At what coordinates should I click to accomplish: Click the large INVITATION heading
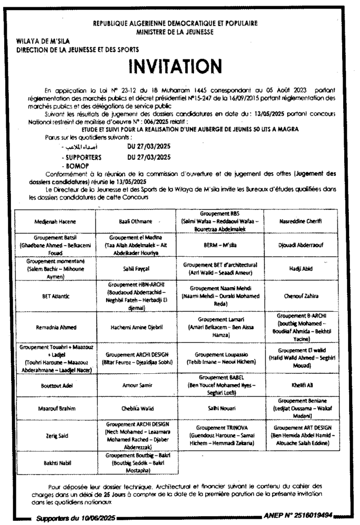click(175, 66)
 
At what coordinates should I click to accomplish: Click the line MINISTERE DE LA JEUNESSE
click(175, 31)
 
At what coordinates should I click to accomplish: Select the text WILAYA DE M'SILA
click(44, 41)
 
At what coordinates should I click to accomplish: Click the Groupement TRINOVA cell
click(219, 435)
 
